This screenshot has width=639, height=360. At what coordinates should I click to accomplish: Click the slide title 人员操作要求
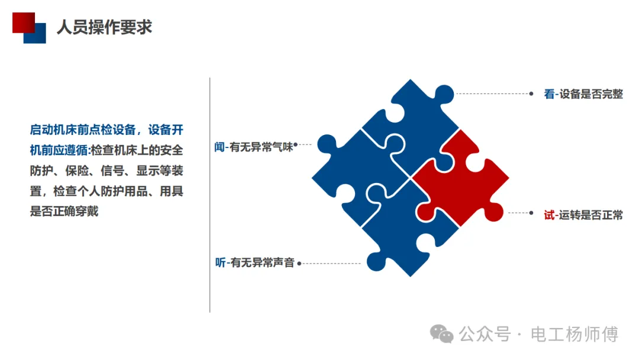click(x=104, y=27)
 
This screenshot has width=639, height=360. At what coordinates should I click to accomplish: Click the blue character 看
click(x=550, y=94)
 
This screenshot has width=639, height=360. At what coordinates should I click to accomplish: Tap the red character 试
click(x=550, y=215)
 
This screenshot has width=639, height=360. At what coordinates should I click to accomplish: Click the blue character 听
click(x=220, y=262)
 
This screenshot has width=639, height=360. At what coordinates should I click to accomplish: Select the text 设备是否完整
click(x=591, y=94)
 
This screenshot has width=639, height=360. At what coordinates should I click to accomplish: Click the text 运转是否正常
click(x=591, y=215)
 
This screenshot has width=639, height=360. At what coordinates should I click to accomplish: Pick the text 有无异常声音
click(x=262, y=262)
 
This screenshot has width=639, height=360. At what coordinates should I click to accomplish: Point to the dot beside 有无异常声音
click(x=299, y=263)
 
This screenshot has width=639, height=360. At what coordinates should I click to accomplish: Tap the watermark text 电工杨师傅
click(x=575, y=334)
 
